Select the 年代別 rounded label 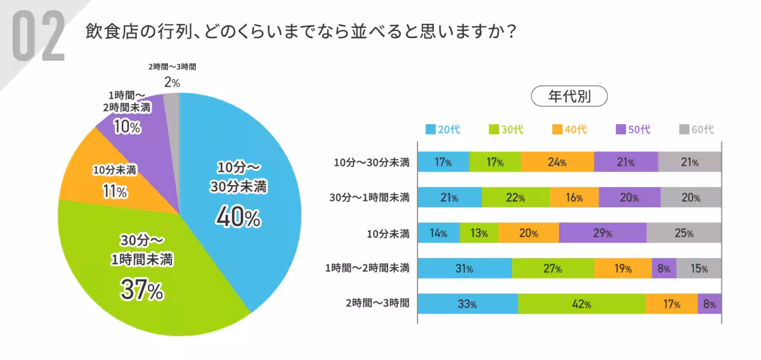(569, 97)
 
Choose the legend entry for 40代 (569, 129)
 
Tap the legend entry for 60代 (696, 129)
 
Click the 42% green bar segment (582, 304)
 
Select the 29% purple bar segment (602, 233)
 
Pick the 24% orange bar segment (557, 162)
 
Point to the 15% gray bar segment (699, 269)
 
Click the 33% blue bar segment (468, 304)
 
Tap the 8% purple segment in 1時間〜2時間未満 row (664, 269)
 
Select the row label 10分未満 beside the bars (388, 233)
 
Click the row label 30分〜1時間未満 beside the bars (372, 198)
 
